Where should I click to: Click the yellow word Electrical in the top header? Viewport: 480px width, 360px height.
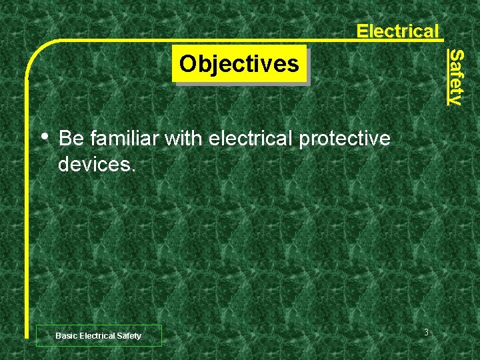tap(397, 31)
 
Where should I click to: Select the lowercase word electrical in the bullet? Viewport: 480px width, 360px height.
tap(250, 139)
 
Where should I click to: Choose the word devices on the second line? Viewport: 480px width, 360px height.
tap(95, 164)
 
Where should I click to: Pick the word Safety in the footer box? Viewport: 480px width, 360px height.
tap(129, 336)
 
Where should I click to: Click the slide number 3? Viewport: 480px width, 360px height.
tap(425, 333)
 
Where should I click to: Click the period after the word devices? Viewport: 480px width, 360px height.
tap(134, 169)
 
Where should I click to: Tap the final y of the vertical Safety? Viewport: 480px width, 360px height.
tap(455, 100)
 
